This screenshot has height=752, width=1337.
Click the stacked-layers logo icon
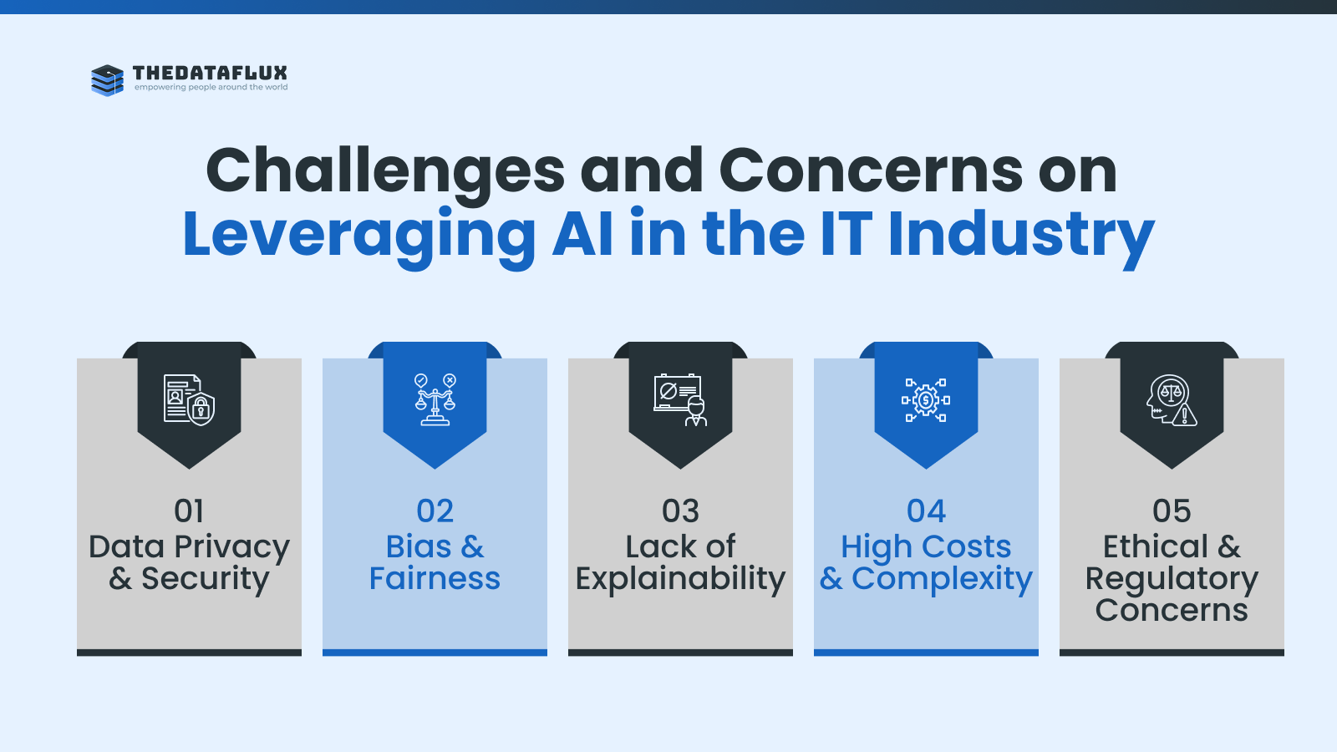108,80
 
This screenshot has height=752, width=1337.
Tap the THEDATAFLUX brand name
210,73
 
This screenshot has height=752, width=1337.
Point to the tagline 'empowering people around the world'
211,87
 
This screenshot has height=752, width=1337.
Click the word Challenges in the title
385,172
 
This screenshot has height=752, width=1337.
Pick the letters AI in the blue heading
582,233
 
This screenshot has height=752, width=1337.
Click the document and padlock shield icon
189,399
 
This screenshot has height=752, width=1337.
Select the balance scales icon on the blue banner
435,399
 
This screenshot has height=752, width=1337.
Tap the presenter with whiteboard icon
680,399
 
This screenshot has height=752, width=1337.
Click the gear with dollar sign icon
926,400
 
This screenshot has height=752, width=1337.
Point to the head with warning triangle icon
1171,400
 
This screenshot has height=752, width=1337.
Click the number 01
189,511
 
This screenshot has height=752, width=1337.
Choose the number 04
927,511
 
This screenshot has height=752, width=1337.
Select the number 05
1172,511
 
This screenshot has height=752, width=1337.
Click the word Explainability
680,580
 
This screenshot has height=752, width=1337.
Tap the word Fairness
435,578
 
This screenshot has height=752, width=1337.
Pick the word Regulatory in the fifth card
1172,580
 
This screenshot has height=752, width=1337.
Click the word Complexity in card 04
942,580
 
